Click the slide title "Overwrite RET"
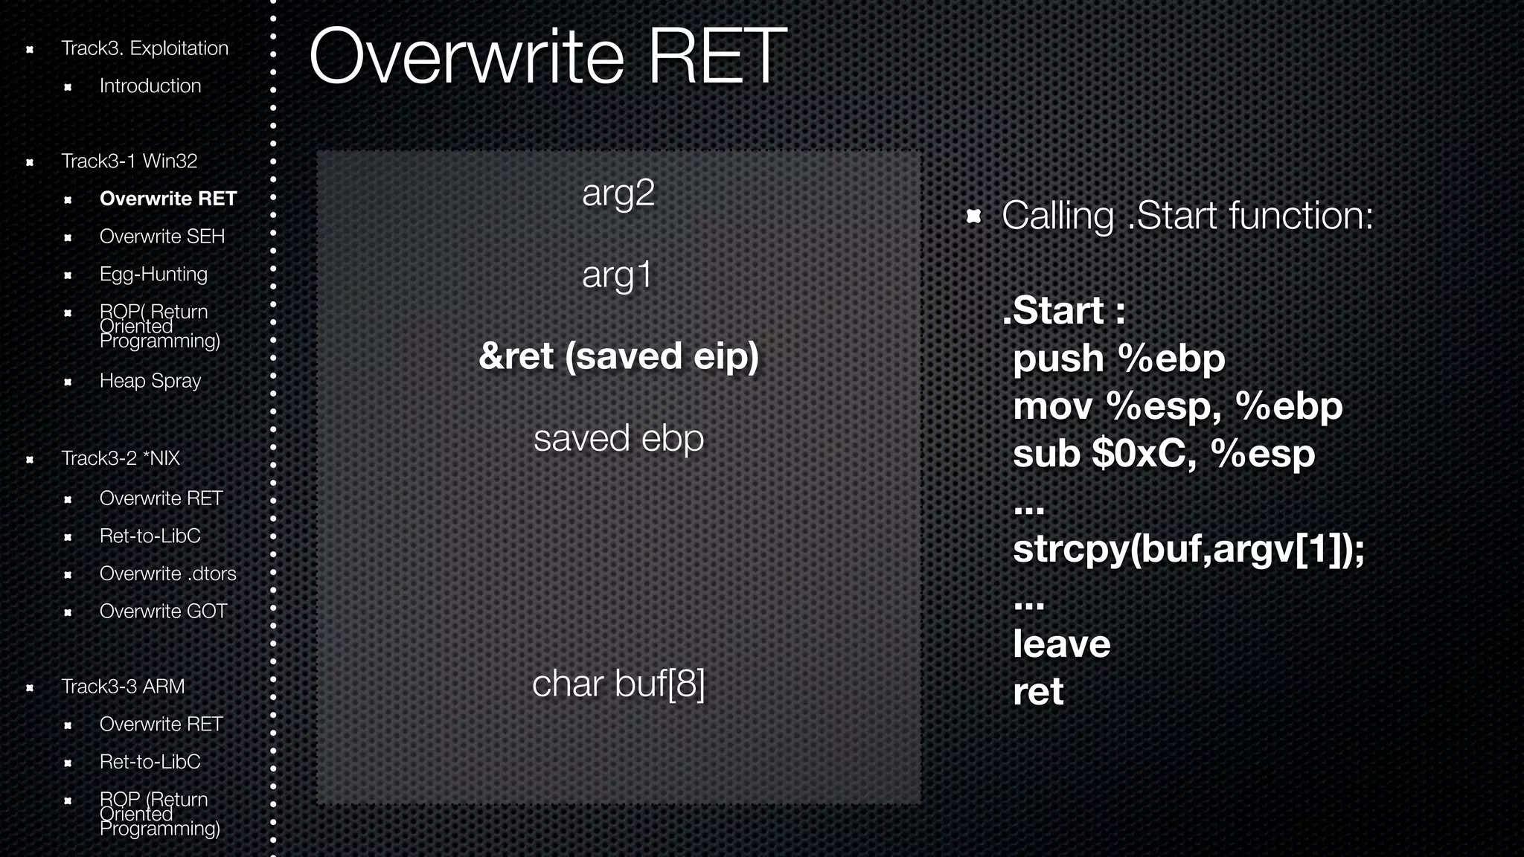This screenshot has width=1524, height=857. coord(547,57)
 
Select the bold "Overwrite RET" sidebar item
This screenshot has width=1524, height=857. coord(167,199)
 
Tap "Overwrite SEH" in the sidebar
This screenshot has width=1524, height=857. coord(161,237)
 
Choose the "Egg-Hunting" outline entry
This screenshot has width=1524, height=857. coord(153,274)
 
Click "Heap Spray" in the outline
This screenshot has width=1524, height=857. coord(150,381)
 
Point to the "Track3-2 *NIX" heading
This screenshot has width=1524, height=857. coord(121,458)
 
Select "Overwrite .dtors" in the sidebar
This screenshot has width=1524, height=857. coord(167,574)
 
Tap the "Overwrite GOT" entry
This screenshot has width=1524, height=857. coord(163,612)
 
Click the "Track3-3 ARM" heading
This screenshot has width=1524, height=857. coord(123,687)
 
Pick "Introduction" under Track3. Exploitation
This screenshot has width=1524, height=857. coord(150,86)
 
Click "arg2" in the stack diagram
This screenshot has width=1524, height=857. coord(618,193)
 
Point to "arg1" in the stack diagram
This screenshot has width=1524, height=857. coord(617,275)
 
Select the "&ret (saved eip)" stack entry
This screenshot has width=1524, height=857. coord(618,356)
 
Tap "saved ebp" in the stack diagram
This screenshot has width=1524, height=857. coord(618,438)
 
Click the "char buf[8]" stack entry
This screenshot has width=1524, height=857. coord(618,684)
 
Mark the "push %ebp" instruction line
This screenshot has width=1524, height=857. coord(1118,359)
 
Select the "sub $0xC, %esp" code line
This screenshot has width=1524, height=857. coord(1164,454)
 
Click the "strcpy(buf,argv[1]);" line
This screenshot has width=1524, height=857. coord(1188,549)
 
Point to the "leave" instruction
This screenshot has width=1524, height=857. coord(1061,644)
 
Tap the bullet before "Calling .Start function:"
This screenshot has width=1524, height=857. coord(973,216)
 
